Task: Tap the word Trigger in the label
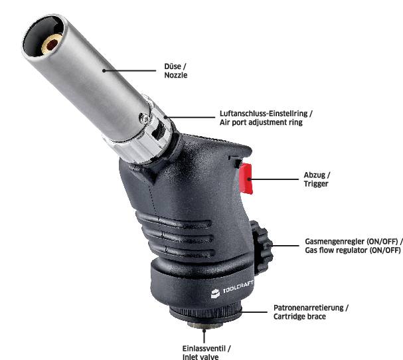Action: (x=317, y=184)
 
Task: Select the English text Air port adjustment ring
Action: (x=261, y=123)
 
